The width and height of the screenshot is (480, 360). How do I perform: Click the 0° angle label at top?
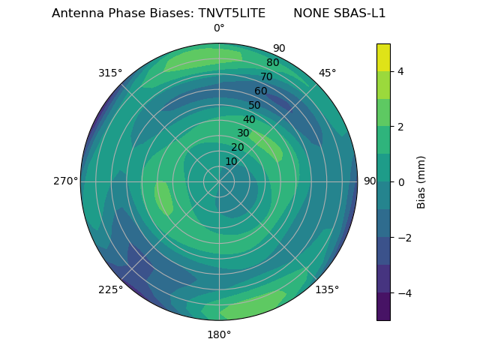(x=219, y=28)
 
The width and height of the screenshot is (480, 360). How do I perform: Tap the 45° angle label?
(x=327, y=73)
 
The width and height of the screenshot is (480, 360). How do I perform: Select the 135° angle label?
(x=327, y=289)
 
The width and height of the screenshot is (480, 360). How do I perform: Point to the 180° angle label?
(x=219, y=334)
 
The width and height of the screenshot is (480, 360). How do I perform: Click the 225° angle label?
(x=110, y=289)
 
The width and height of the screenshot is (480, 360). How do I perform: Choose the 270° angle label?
(x=65, y=181)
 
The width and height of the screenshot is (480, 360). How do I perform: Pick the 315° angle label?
(x=110, y=73)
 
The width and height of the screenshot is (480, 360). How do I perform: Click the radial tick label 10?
(x=231, y=161)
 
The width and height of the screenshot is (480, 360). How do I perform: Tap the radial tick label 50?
(x=255, y=105)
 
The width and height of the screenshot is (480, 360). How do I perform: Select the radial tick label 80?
(x=273, y=63)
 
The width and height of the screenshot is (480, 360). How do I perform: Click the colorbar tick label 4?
(x=400, y=71)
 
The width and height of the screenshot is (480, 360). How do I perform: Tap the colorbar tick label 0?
(x=400, y=182)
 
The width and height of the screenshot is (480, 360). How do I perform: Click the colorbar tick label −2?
(x=403, y=238)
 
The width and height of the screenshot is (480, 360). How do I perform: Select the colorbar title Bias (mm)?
(x=421, y=182)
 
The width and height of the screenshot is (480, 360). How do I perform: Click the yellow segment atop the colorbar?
(x=383, y=57)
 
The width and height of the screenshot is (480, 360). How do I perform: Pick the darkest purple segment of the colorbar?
(x=383, y=307)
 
